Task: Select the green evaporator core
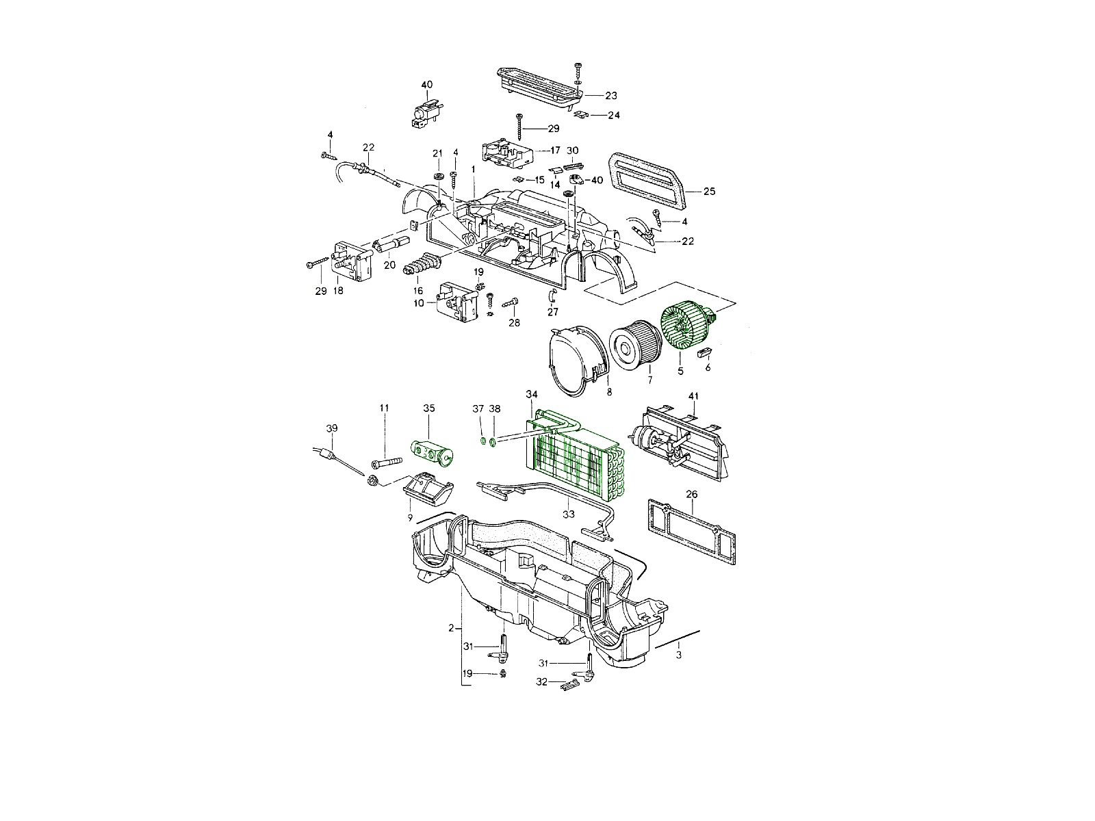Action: tap(574, 456)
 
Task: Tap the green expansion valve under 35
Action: tap(432, 454)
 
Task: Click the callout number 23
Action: tap(611, 96)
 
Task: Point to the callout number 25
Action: tap(709, 192)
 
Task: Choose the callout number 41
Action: tap(693, 396)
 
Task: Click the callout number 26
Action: tap(691, 495)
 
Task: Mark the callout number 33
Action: tap(569, 514)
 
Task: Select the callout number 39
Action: tap(332, 428)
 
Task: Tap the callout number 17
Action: tap(555, 150)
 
